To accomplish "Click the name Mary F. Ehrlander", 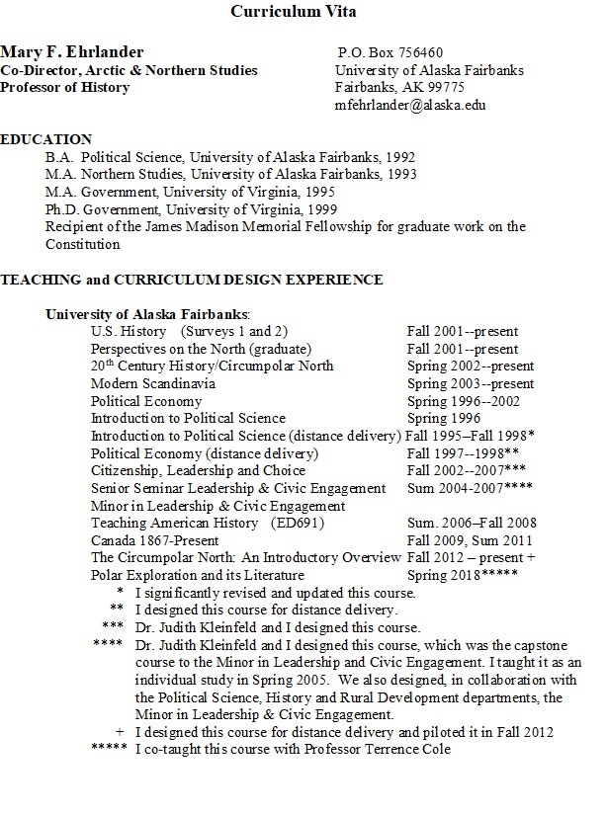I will [x=72, y=51].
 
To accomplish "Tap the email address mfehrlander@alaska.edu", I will [x=410, y=105].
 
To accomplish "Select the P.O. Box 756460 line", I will [x=391, y=52].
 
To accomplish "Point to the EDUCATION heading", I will [x=46, y=139].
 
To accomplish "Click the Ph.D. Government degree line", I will [x=191, y=208].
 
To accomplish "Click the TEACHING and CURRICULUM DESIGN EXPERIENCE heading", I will [x=191, y=280].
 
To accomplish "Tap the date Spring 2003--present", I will [x=470, y=383].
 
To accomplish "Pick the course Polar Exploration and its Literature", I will [x=198, y=574].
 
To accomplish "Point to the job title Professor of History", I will [x=65, y=87].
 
